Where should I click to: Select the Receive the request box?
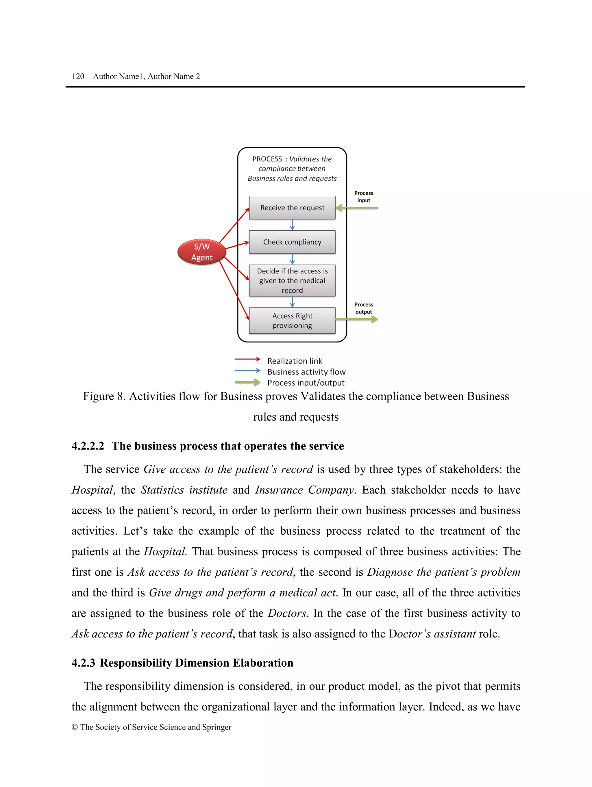click(292, 208)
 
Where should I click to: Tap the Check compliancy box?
click(292, 242)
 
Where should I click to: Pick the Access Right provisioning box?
click(292, 320)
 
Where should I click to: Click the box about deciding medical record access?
click(292, 281)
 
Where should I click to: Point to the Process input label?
click(363, 197)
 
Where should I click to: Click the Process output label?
click(363, 308)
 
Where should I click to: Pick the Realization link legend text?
click(295, 361)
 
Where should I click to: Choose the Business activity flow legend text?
click(306, 372)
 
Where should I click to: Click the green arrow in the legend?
click(247, 383)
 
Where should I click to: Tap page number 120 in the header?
click(78, 77)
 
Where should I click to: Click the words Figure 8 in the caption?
click(104, 396)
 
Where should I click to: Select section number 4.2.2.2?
click(88, 446)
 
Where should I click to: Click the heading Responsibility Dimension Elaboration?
click(196, 663)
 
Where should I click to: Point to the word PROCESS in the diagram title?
click(267, 159)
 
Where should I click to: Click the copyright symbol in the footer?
click(75, 727)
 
